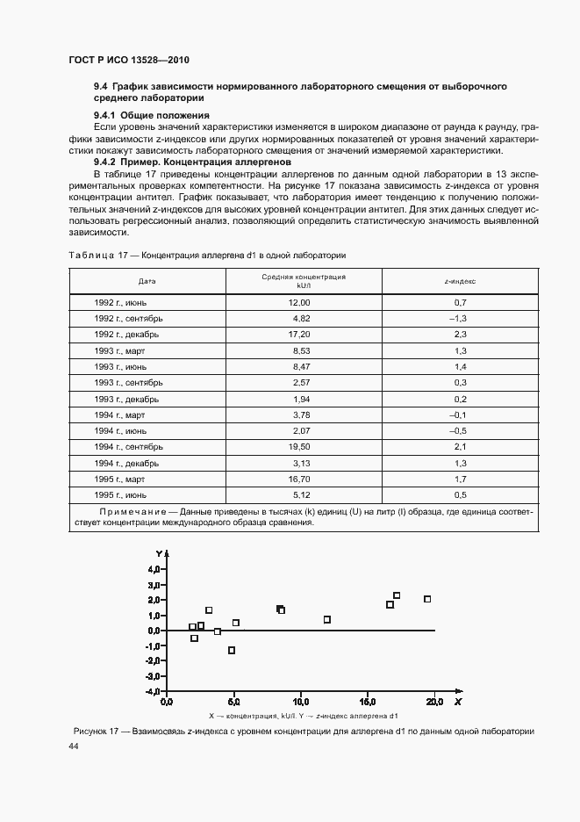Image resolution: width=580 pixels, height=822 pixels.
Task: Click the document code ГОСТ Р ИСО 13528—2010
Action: [x=129, y=61]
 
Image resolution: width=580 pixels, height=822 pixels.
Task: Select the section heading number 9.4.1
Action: [x=105, y=115]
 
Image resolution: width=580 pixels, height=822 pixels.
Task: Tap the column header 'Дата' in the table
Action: [x=147, y=282]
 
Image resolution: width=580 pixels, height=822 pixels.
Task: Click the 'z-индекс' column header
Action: [x=461, y=282]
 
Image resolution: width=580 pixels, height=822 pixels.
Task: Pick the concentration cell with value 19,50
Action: [x=300, y=447]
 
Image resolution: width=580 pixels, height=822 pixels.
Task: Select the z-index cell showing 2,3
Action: [x=459, y=335]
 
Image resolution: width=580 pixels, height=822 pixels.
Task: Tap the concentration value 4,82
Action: [x=301, y=318]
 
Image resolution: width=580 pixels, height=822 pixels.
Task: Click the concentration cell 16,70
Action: [x=300, y=479]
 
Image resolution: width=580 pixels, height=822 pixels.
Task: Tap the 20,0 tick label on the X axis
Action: [x=434, y=702]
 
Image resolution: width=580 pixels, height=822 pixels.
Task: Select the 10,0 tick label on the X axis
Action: [x=300, y=702]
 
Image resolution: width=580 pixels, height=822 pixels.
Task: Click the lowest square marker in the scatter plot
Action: [x=232, y=651]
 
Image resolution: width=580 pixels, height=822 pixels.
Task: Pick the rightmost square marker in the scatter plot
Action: [x=427, y=599]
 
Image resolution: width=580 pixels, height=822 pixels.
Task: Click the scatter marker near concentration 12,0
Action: [x=327, y=619]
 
